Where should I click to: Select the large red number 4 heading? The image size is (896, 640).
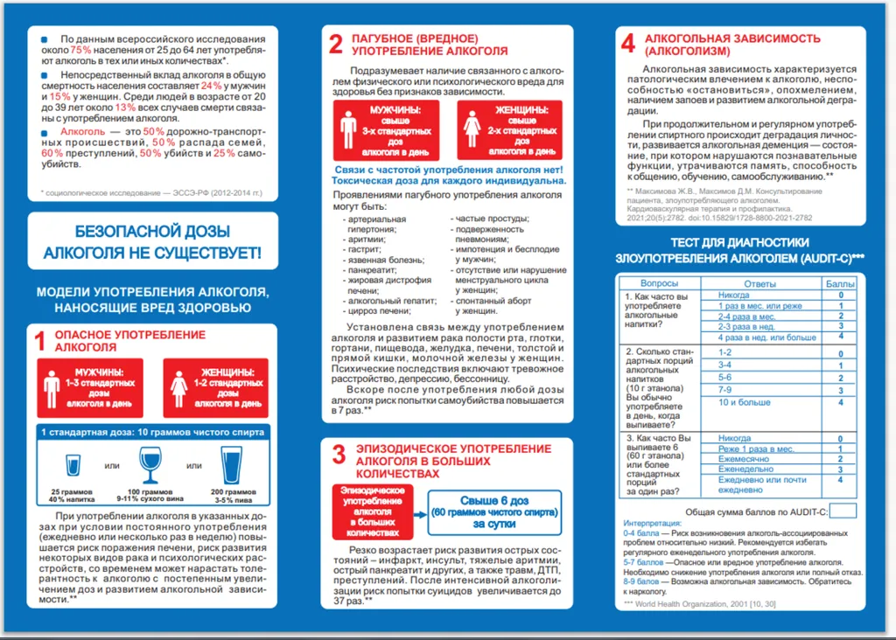coord(628,45)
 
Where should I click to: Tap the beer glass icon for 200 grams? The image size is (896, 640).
coord(231,465)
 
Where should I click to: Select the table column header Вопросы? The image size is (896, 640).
coord(659,283)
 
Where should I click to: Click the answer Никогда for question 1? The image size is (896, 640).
coord(733,296)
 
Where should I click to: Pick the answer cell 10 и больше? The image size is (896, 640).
coord(745,402)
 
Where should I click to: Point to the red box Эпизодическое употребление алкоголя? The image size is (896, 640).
coord(373,511)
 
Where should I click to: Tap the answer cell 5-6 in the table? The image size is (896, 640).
coord(725,378)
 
